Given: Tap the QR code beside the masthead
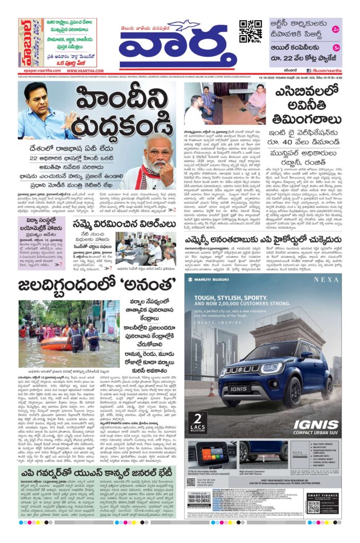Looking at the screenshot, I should (250, 31).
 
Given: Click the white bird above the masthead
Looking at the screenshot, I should (181, 26).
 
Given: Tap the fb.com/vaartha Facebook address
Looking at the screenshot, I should (326, 70).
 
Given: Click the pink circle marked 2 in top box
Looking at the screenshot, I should (336, 30).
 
